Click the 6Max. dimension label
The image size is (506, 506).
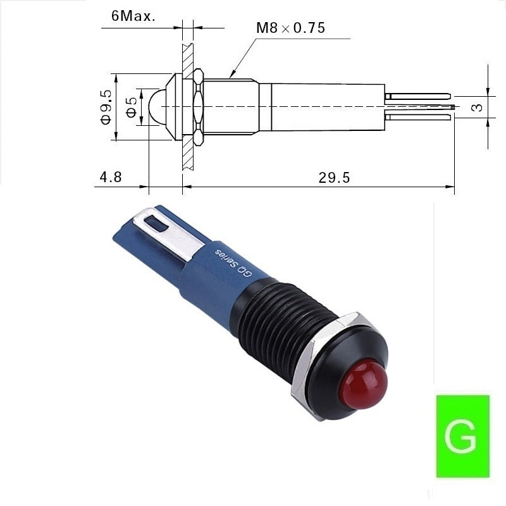pyautogui.click(x=133, y=16)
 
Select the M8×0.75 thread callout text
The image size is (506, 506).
pyautogui.click(x=290, y=28)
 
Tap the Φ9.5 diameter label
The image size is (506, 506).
pyautogui.click(x=106, y=107)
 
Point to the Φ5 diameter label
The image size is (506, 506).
pyautogui.click(x=131, y=107)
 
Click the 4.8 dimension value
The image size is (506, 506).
pyautogui.click(x=111, y=177)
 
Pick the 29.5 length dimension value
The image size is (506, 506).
pyautogui.click(x=334, y=178)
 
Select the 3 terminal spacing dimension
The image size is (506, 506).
pyautogui.click(x=478, y=107)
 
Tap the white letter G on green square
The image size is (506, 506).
pyautogui.click(x=460, y=436)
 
